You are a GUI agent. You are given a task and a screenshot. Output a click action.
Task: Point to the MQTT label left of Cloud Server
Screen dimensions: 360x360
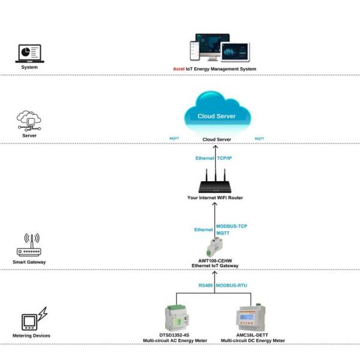(174, 139)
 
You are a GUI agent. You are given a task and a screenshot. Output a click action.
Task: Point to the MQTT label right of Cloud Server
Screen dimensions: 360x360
(259, 139)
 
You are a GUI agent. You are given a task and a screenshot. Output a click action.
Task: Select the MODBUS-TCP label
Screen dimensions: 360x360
(232, 226)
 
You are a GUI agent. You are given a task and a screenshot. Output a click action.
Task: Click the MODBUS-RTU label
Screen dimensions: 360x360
(232, 284)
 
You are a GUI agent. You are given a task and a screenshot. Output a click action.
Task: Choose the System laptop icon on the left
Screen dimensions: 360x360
(28, 53)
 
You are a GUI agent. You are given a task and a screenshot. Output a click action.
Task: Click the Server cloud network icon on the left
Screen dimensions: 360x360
(29, 121)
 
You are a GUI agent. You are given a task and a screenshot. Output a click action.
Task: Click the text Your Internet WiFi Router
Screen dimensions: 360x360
(214, 197)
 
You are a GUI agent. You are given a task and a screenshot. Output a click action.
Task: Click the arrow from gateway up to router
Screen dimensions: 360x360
(214, 219)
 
